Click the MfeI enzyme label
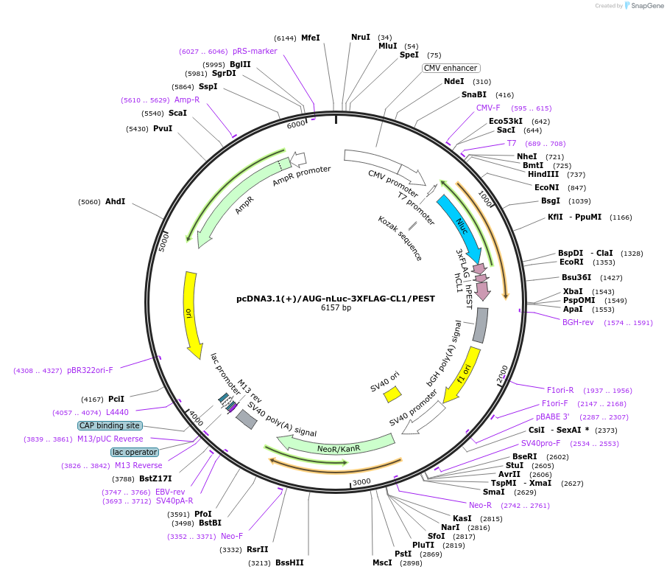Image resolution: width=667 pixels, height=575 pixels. point(311,38)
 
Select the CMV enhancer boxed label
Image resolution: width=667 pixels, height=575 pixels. point(451,68)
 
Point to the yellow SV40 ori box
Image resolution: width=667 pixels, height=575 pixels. point(392,394)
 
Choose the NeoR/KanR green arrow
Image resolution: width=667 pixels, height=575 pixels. point(336,445)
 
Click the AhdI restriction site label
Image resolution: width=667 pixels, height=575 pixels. point(116,201)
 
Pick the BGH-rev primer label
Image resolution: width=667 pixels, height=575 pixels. point(578,322)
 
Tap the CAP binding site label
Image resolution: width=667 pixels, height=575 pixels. point(109,425)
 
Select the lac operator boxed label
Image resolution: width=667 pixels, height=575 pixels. point(135,452)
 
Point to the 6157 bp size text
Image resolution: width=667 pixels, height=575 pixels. point(336,308)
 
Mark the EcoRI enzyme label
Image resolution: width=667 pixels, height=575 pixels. point(571,262)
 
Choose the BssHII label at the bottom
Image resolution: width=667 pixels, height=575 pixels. point(289,562)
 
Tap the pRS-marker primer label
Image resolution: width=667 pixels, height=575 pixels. point(255,52)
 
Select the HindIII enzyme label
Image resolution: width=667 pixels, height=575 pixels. point(543,174)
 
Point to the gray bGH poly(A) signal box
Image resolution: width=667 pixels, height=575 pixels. point(479,325)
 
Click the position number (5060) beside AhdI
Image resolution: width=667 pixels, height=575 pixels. point(90,201)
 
